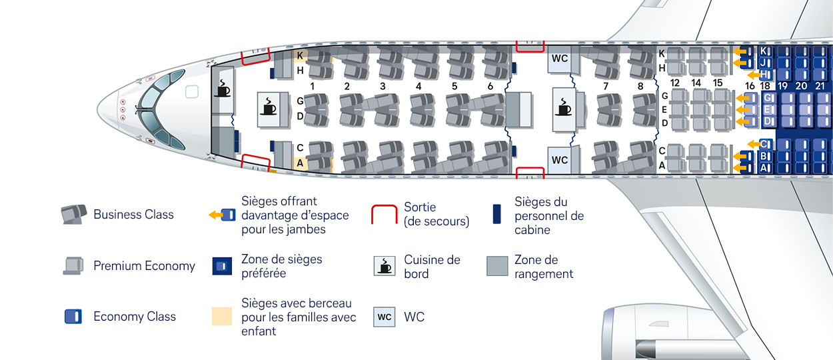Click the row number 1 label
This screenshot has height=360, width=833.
(312, 86)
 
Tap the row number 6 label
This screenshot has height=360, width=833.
(490, 86)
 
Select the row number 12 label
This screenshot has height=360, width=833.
(675, 83)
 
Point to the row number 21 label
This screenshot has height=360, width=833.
(820, 86)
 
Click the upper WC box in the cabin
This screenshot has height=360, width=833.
(560, 59)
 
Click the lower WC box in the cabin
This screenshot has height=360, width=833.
(560, 160)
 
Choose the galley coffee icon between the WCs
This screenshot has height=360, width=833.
(564, 109)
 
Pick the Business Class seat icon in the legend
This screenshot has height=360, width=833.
(73, 215)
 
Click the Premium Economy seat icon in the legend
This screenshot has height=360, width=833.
(73, 266)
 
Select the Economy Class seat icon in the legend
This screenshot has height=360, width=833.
(74, 316)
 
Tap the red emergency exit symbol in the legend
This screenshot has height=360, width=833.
(384, 215)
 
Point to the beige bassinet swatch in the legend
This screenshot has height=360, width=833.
(221, 316)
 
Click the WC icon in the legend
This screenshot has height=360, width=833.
(385, 317)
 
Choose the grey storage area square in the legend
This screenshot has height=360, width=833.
(497, 266)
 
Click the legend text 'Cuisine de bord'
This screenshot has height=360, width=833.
(432, 267)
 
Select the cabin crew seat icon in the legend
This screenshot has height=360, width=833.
(496, 215)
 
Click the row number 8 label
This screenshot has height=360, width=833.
(640, 86)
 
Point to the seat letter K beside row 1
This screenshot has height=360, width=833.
(301, 55)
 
